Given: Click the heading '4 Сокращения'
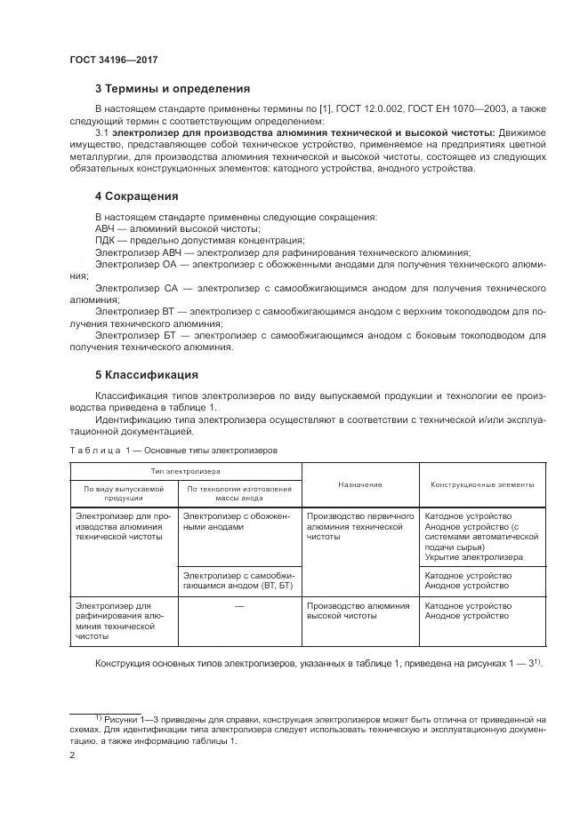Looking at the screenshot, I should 136,196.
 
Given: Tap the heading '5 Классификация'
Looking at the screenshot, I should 146,374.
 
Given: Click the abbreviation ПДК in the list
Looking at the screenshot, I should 106,241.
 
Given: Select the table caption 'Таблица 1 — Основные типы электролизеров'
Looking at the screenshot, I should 176,451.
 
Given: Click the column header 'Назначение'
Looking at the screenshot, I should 359,484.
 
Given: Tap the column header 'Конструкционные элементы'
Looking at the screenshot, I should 482,484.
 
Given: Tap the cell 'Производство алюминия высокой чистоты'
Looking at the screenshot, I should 358,611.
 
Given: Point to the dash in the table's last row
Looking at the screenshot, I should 239,606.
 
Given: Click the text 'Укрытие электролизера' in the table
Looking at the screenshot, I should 473,557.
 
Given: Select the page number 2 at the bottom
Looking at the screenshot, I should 72,755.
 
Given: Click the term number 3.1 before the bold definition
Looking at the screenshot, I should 102,132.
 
